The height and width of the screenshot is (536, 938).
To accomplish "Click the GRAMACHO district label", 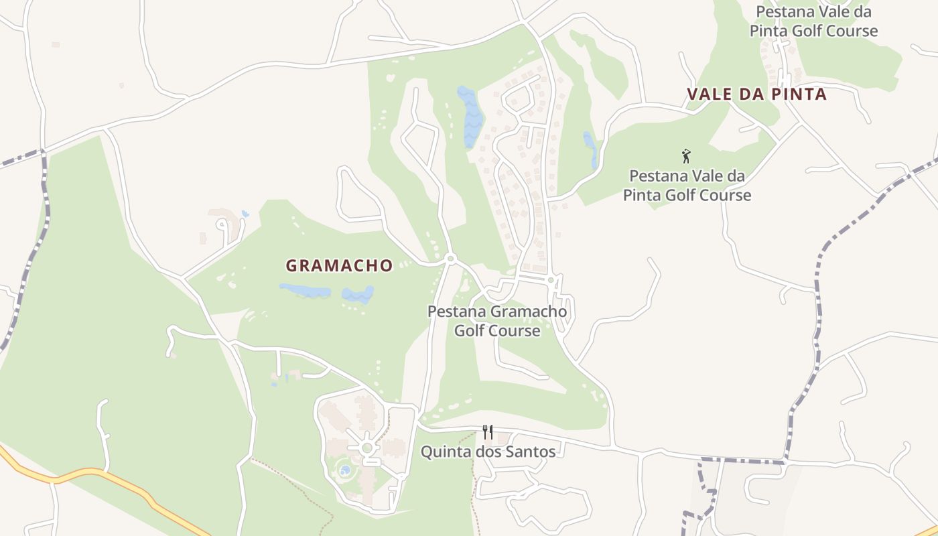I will pos(339,266).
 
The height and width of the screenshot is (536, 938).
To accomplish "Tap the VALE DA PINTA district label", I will pos(756,94).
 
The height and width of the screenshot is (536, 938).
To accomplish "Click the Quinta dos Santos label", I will pos(488,452).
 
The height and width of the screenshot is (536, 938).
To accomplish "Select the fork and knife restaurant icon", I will pos(488,432).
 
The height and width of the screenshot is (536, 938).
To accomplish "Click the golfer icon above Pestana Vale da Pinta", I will pos(686,157).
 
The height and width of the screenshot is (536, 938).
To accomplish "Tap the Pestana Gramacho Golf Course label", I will pos(497,321).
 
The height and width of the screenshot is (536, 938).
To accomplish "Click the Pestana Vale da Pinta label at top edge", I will pos(813,21).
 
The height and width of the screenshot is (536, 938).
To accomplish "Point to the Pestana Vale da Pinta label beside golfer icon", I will pos(687,186).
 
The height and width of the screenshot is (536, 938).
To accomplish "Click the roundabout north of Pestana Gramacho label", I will pos(450,259).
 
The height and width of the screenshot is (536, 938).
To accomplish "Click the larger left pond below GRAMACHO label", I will pos(306,291).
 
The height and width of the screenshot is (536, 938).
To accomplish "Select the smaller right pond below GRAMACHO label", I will pos(358,294).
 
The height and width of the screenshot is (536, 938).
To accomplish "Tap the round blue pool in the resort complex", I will pos(345,470).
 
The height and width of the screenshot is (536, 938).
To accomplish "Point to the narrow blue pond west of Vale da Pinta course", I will pos(590,149).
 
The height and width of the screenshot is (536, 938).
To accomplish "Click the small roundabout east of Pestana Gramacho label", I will pos(551,279).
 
